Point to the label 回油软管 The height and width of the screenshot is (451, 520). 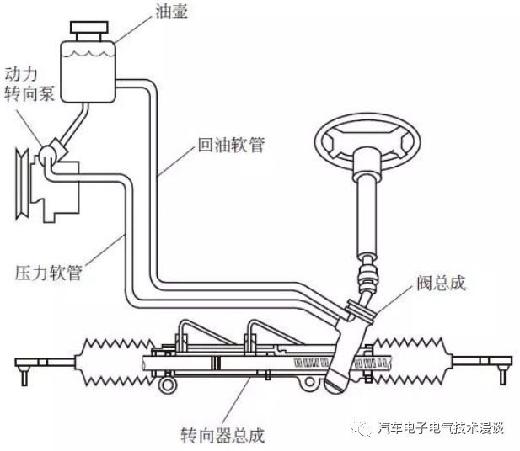[x=231, y=146]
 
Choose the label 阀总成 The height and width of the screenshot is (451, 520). [x=441, y=283]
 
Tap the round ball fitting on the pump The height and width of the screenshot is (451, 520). [x=51, y=155]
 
